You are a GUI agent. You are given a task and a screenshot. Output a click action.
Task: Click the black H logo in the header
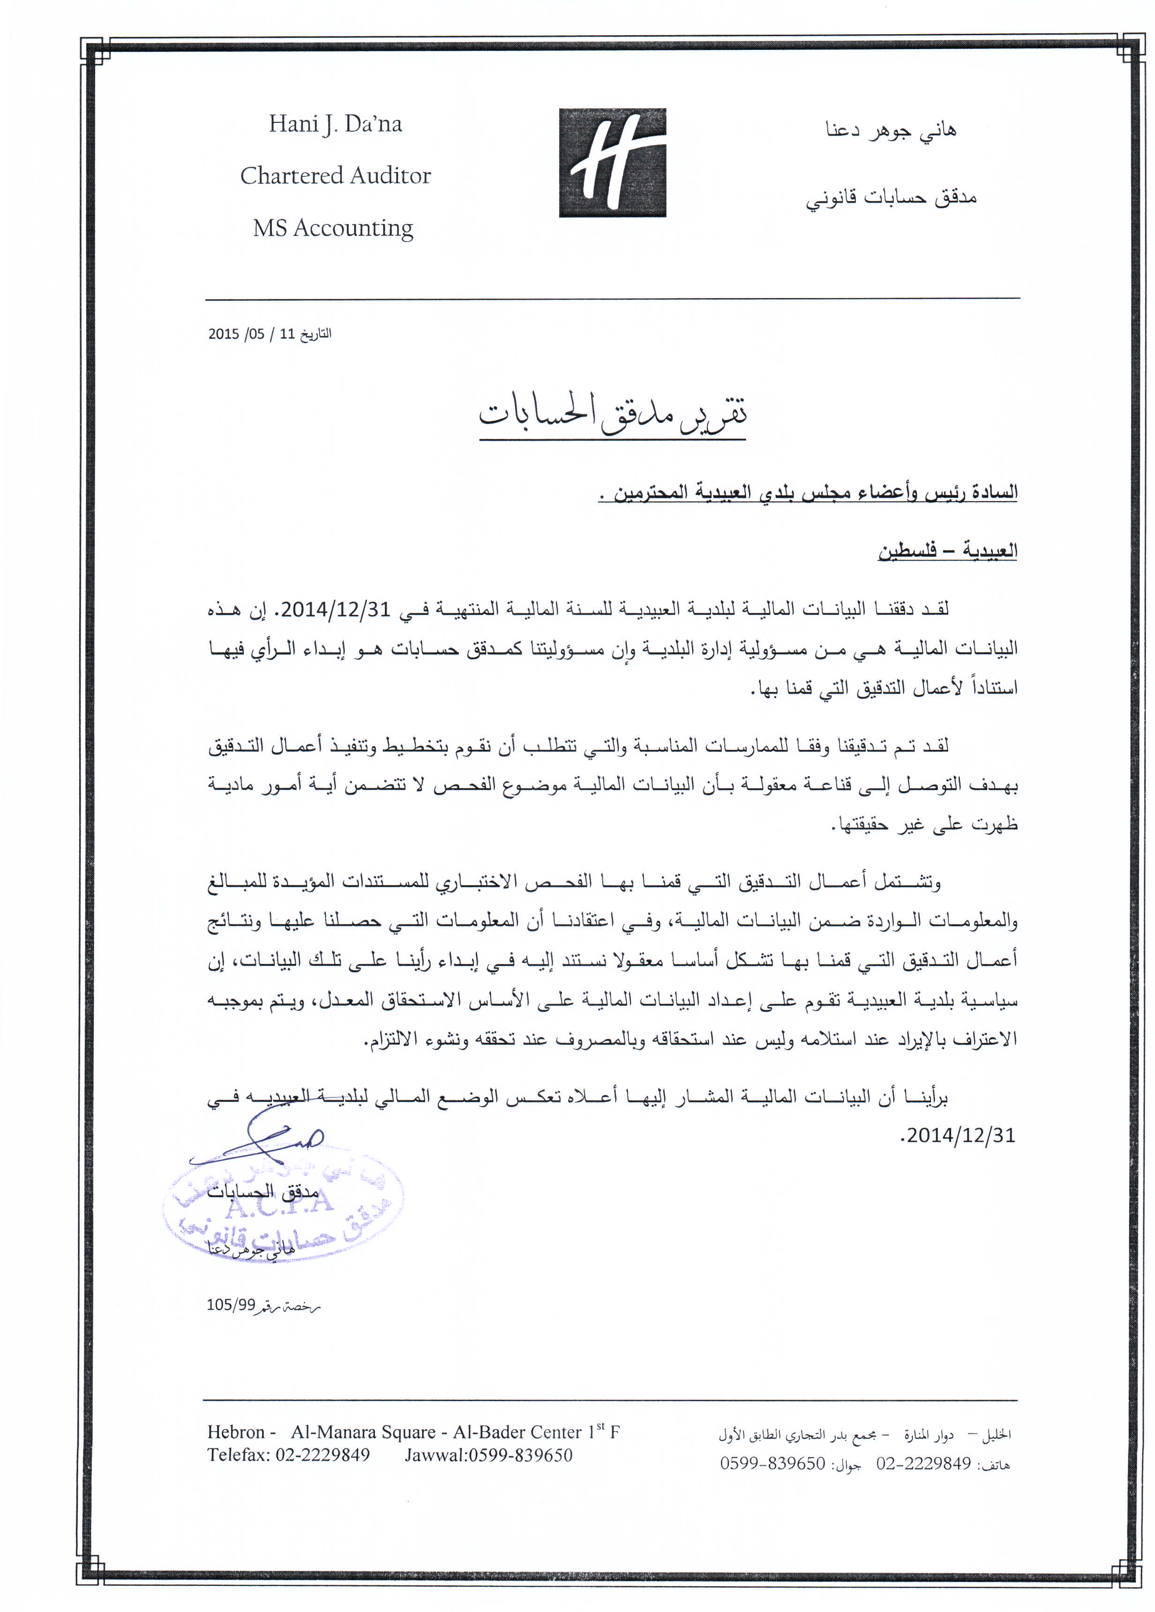tap(612, 162)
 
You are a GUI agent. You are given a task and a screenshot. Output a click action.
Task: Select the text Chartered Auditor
tap(336, 176)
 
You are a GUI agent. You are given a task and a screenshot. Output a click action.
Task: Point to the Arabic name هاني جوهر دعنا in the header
tap(891, 130)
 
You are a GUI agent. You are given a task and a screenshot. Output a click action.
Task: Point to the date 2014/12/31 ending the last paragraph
tap(959, 1135)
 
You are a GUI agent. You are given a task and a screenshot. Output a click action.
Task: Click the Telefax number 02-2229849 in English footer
tap(322, 1455)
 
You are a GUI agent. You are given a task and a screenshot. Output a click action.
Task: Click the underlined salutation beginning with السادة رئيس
tap(808, 492)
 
